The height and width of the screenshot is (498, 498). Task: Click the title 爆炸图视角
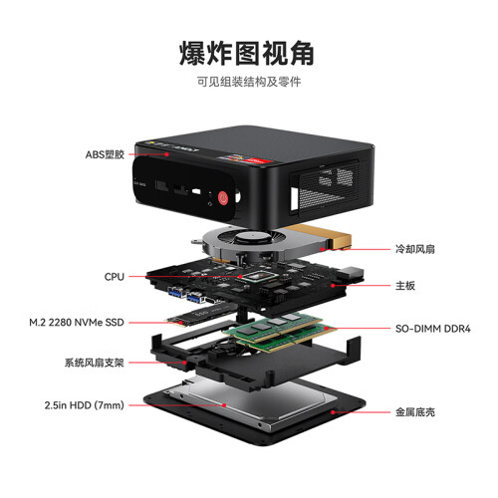click(x=247, y=54)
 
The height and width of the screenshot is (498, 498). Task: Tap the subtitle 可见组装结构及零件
click(x=249, y=82)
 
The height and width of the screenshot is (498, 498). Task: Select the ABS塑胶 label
click(x=105, y=154)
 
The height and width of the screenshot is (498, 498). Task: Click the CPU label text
click(x=115, y=277)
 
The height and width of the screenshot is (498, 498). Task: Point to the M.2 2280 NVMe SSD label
click(x=77, y=323)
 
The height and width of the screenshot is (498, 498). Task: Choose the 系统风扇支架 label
click(x=95, y=363)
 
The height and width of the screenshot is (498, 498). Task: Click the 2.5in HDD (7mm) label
click(x=85, y=405)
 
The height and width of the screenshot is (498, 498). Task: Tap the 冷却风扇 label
click(x=415, y=249)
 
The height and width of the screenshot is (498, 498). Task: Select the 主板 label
click(x=405, y=286)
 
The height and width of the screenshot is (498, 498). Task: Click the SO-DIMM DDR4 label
click(x=433, y=329)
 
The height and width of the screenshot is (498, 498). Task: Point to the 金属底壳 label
click(x=415, y=412)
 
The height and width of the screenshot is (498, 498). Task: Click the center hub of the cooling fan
click(x=252, y=238)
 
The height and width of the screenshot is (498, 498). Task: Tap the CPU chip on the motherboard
click(x=262, y=277)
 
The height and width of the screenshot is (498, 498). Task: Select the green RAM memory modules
click(x=279, y=332)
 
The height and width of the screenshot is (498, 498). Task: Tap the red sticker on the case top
click(x=258, y=160)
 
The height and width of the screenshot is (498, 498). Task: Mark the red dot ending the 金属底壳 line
click(x=333, y=412)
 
